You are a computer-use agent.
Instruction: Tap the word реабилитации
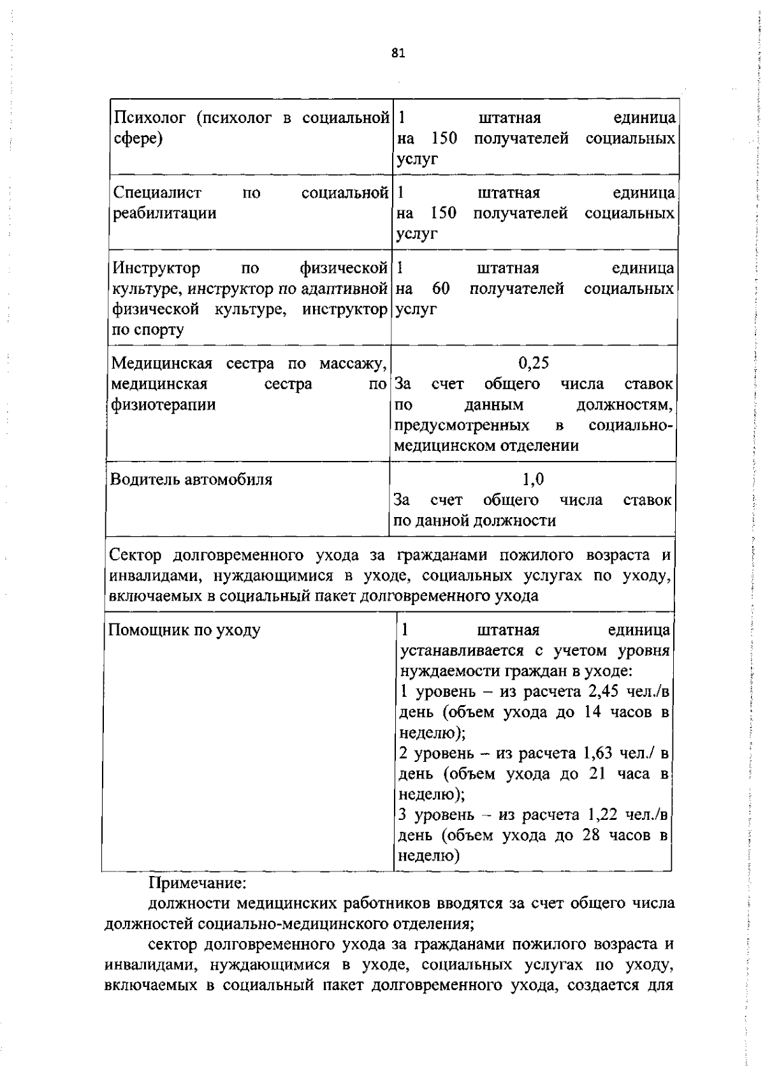pyautogui.click(x=164, y=213)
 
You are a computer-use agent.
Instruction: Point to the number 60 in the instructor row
pyautogui.click(x=441, y=288)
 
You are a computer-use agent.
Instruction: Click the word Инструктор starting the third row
pyautogui.click(x=156, y=268)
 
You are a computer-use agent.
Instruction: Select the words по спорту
pyautogui.click(x=148, y=330)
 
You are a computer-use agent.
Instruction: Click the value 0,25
pyautogui.click(x=533, y=363)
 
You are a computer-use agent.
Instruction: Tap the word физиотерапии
pyautogui.click(x=163, y=404)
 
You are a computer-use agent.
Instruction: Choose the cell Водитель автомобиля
pyautogui.click(x=191, y=479)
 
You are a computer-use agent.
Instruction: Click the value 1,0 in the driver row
pyautogui.click(x=533, y=479)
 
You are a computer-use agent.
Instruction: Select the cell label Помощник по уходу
pyautogui.click(x=184, y=630)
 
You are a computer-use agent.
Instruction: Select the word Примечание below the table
pyautogui.click(x=197, y=884)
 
